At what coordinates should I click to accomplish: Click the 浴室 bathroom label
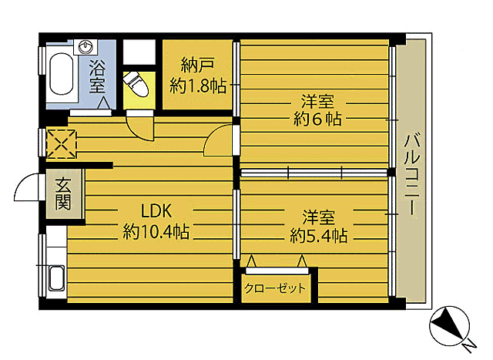click(x=97, y=75)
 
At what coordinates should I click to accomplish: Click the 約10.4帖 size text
click(x=156, y=230)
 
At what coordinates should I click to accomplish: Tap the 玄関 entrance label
click(x=62, y=194)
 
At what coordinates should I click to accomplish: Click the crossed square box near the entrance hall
click(x=62, y=143)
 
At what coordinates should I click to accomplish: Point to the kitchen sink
click(x=55, y=281)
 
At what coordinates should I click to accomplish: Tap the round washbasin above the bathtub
click(x=86, y=46)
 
